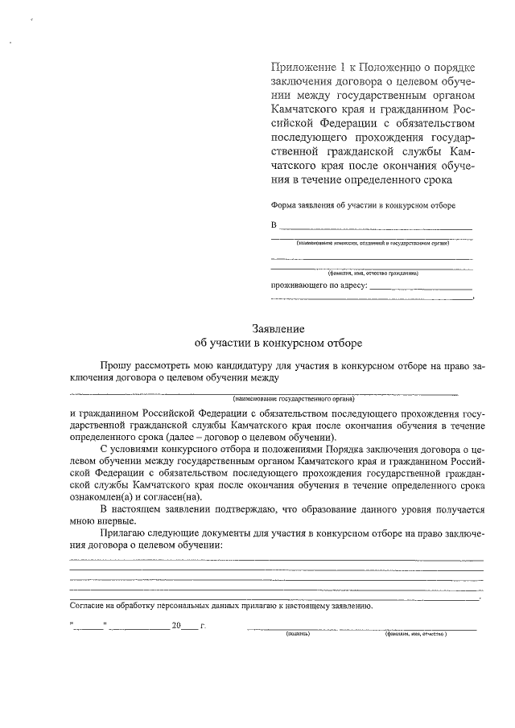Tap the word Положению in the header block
point(393,67)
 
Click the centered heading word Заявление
point(278,328)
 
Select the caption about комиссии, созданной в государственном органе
point(372,241)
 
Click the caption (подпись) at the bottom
point(298,634)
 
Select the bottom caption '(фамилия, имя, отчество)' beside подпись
point(416,634)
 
